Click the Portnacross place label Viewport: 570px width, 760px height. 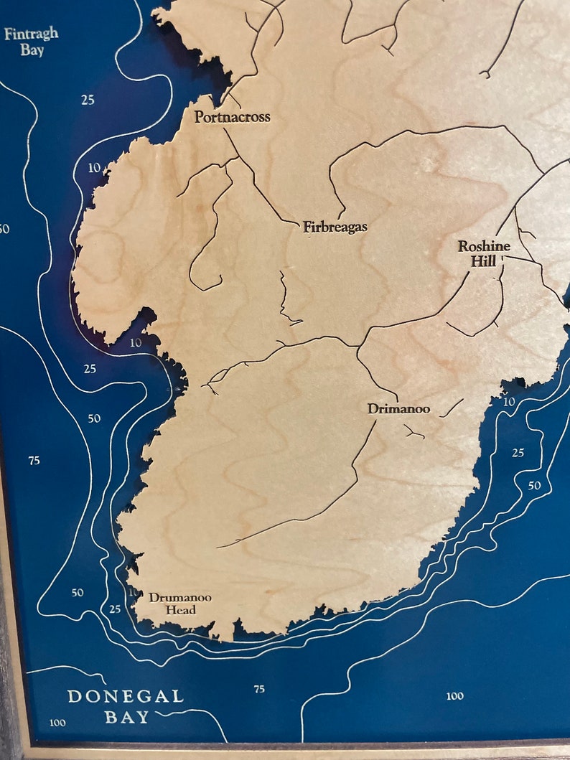(232, 116)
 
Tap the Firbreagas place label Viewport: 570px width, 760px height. (335, 227)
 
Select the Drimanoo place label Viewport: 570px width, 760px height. (398, 409)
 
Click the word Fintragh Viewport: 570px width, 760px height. (31, 34)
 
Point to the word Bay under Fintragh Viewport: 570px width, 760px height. (32, 50)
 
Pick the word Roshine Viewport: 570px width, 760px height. (485, 246)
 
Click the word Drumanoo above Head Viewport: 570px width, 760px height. (180, 597)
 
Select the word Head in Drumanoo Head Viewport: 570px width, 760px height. (181, 610)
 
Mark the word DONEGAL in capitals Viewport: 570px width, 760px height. (126, 696)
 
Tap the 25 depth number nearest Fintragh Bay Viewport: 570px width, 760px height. (88, 100)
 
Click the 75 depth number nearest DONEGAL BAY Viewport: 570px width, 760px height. (259, 689)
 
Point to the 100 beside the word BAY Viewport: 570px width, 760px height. (57, 723)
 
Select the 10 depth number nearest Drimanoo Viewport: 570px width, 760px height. (509, 401)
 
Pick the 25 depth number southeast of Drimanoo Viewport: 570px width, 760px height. (518, 453)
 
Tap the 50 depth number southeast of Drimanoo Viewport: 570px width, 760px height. (534, 486)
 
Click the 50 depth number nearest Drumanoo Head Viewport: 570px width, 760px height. (78, 593)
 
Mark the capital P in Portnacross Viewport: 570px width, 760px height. (200, 116)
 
